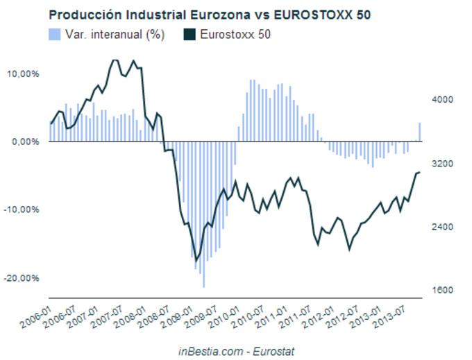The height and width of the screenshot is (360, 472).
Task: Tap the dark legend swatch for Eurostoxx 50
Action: click(188, 34)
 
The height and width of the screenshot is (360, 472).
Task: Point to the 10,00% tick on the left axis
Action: click(23, 74)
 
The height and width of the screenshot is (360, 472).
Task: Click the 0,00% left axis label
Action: click(25, 142)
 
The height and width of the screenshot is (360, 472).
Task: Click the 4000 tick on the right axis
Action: click(441, 100)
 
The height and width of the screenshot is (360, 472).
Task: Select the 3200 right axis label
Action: click(441, 164)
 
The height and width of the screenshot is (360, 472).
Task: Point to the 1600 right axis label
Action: click(441, 291)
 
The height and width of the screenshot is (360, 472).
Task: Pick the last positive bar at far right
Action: click(419, 132)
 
